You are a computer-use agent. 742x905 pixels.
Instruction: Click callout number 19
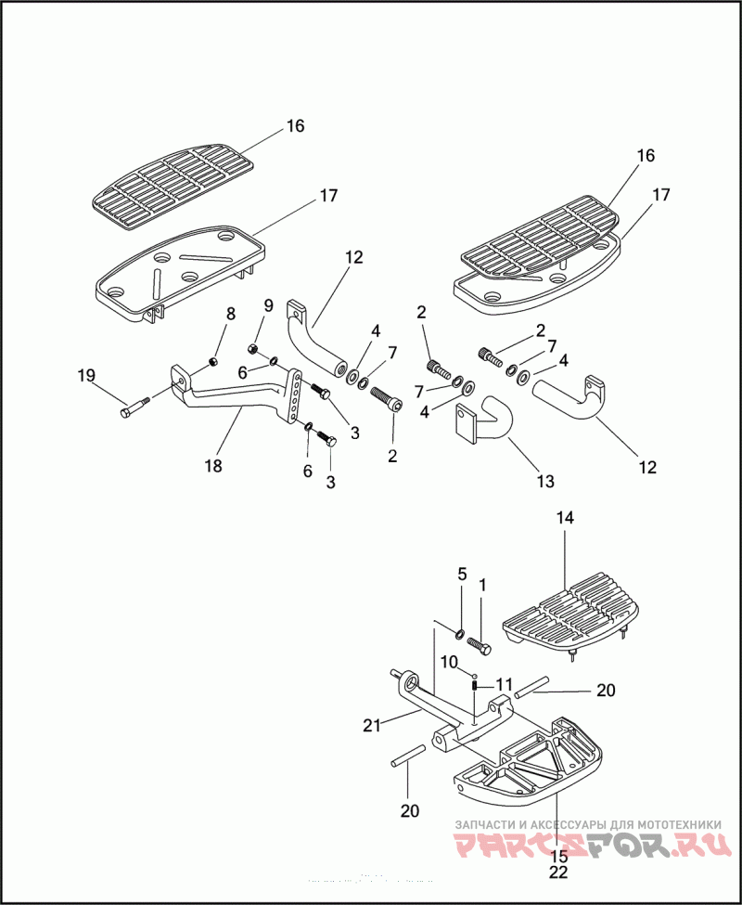(86, 376)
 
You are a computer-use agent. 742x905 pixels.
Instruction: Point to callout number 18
(213, 466)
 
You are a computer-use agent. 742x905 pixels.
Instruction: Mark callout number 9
(268, 305)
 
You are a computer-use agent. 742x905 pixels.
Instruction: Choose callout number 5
(462, 575)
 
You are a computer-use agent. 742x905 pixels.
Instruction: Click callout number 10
(449, 662)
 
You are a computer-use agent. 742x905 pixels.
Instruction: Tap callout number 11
(504, 685)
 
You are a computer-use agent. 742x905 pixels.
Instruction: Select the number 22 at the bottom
(558, 872)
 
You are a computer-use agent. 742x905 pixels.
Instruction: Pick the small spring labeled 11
(474, 686)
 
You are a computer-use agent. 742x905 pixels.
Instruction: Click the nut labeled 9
(251, 348)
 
